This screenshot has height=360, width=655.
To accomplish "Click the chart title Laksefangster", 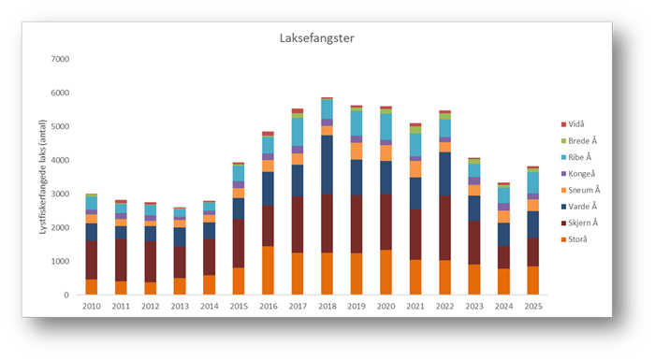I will (x=316, y=38).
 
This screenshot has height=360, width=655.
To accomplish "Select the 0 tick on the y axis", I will (x=66, y=295).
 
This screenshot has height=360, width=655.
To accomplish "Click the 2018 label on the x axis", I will (x=327, y=307).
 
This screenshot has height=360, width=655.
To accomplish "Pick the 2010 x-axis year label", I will (x=91, y=307).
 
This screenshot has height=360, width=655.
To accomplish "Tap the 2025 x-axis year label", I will (x=533, y=307).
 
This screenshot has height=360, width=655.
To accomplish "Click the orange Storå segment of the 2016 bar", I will (x=268, y=270).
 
